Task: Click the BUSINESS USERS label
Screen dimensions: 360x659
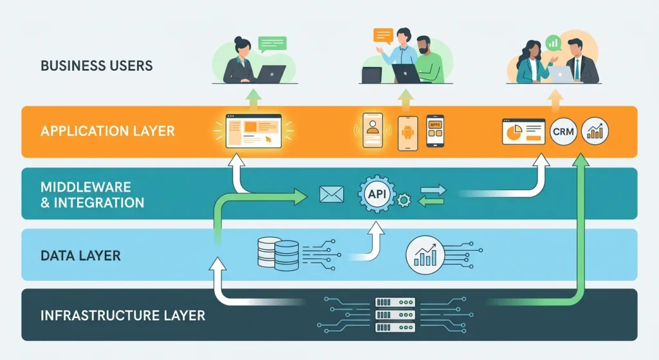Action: [x=97, y=66]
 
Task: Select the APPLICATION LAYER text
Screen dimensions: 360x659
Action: [x=107, y=131]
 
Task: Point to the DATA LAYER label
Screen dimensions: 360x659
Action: [x=80, y=256]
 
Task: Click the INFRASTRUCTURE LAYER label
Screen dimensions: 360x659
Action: [x=122, y=316]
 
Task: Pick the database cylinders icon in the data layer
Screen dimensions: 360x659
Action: [x=277, y=254]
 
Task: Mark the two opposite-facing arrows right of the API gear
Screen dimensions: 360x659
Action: [x=432, y=194]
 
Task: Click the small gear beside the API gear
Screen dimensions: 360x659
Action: [x=404, y=202]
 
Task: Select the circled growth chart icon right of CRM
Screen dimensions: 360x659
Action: [x=595, y=131]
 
